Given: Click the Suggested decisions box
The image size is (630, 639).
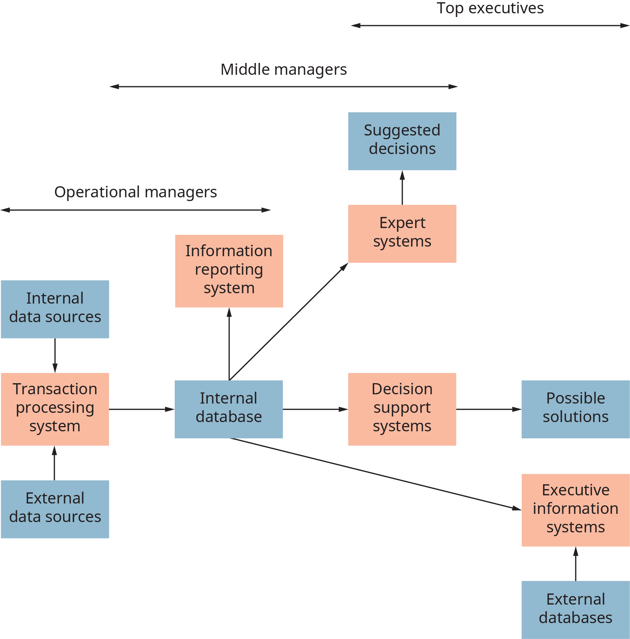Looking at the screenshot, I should point(402,141).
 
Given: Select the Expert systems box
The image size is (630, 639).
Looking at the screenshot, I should point(402,234).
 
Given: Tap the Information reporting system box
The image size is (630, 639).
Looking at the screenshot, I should point(229,271).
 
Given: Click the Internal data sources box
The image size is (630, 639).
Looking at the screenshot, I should point(55,309).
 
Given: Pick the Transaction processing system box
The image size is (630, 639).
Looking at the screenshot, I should point(55,409).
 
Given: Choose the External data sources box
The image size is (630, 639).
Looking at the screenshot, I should point(55,509).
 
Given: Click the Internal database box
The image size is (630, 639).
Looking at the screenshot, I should point(229,409).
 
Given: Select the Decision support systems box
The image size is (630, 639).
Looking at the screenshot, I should point(402,409).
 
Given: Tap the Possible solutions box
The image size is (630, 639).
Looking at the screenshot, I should point(575,409).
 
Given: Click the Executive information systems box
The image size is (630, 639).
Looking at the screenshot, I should point(575,510).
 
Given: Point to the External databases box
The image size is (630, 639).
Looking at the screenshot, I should point(575,609).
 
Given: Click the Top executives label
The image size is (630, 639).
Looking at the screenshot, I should point(490,8).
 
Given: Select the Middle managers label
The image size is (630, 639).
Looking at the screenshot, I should point(284,70).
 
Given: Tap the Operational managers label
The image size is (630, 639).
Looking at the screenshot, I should point(135,192).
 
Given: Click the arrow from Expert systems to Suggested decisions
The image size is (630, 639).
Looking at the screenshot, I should point(402,188).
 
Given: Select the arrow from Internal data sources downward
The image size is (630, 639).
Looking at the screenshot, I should point(55,355).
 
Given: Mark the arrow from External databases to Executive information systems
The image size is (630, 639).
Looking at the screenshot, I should point(576,564).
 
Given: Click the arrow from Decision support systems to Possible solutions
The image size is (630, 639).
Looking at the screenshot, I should point(489,409).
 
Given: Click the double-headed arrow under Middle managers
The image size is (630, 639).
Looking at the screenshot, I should point(284,87).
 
